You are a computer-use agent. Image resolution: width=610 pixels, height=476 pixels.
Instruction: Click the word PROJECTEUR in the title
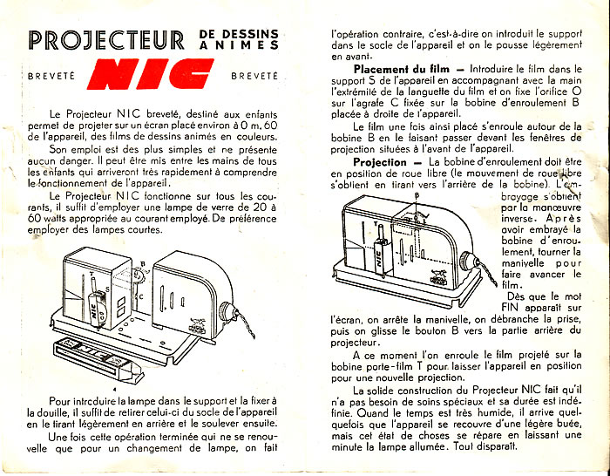105,40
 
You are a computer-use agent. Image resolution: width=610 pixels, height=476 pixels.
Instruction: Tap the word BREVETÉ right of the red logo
254,76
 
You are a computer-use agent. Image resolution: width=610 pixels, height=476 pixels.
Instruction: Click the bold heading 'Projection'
380,162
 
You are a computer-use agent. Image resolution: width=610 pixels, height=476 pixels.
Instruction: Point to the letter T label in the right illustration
376,223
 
